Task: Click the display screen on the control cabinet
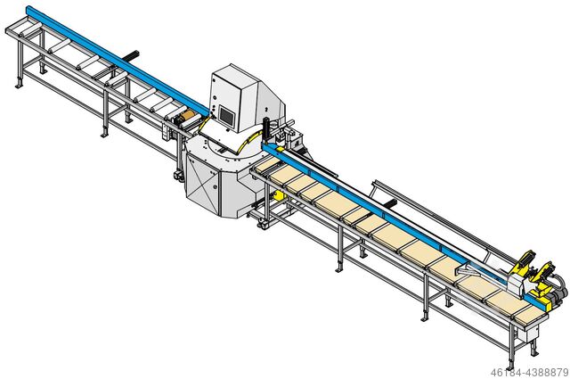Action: [226, 116]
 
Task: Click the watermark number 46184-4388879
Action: [529, 373]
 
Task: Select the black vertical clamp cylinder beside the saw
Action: [265, 129]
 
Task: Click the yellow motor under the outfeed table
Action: [280, 196]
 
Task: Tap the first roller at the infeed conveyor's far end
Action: [29, 30]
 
